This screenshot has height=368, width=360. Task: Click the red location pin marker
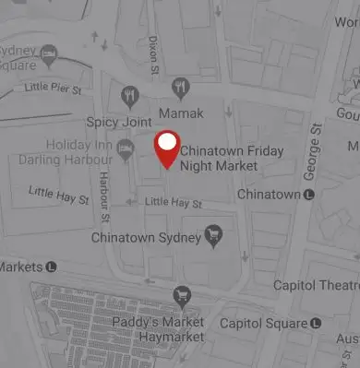point(166,148)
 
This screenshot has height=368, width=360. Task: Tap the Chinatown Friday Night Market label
point(231,158)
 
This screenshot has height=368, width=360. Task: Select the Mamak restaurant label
point(181,113)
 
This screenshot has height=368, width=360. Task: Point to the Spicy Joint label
point(119,122)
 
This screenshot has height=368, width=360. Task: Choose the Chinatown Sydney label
point(146,238)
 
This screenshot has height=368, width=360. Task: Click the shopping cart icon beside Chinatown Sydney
point(213,237)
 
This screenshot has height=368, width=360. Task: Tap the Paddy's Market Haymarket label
point(158,330)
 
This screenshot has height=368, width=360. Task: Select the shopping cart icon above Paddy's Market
point(182,296)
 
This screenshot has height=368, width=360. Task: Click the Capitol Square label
point(263,324)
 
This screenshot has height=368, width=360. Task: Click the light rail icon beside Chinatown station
point(309,195)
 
